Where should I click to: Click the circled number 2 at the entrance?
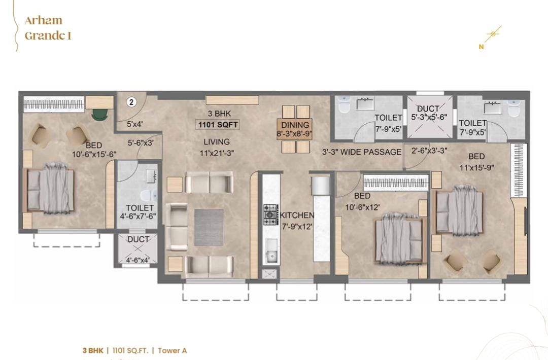click(131, 102)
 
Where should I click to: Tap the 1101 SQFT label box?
click(218, 125)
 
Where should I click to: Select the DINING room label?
click(295, 129)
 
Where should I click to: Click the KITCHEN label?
click(297, 221)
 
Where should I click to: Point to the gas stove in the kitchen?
click(270, 214)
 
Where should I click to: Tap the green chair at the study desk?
click(99, 115)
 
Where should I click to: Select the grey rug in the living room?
click(209, 227)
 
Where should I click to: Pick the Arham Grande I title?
click(48, 28)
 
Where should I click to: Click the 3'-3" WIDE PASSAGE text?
click(361, 152)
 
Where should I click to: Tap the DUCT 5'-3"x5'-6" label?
click(428, 113)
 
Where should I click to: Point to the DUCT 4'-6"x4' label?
click(138, 249)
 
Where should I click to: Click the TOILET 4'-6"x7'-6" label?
click(139, 212)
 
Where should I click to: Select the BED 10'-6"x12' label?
click(362, 201)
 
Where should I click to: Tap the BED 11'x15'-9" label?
click(476, 162)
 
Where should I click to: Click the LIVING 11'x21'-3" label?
click(217, 147)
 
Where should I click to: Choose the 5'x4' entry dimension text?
click(134, 124)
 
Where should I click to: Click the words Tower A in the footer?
click(173, 350)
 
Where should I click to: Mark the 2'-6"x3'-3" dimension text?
click(429, 151)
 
